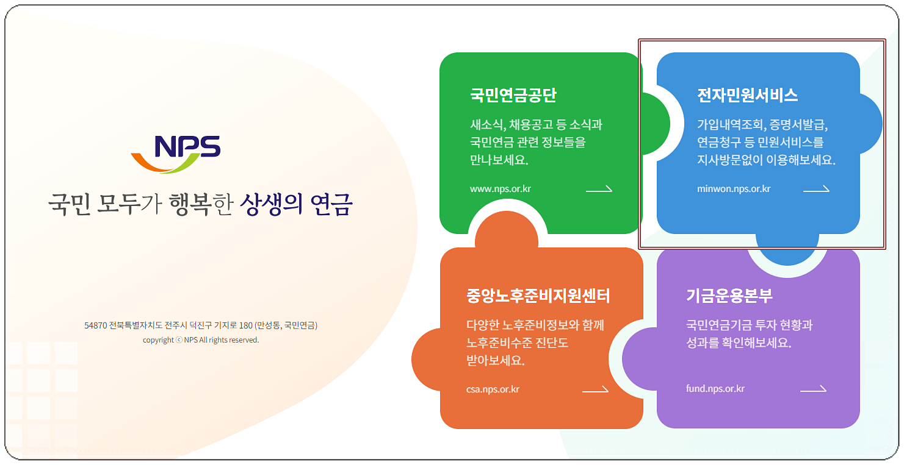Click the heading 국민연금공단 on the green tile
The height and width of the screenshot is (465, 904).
point(513,96)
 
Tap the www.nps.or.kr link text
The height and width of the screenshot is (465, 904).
point(501,188)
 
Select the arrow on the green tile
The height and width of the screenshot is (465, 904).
point(599,188)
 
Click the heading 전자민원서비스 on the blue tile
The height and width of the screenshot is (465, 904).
point(747,96)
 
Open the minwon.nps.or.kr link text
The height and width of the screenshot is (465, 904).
point(734,188)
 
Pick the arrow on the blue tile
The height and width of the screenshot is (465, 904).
point(817,188)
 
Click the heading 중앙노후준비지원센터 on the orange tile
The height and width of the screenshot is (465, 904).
point(538,296)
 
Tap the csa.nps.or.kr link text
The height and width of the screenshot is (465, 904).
point(493,389)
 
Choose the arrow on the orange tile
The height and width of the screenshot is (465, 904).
point(595,389)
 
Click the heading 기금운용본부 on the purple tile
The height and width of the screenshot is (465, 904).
point(729,296)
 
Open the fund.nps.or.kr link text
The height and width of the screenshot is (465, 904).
point(715,388)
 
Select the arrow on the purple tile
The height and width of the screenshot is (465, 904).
point(813,388)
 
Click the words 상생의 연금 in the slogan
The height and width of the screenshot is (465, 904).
point(296,204)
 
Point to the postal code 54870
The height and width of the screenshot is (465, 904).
point(96,325)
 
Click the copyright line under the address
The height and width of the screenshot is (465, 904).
point(201,339)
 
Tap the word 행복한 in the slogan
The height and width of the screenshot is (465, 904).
point(201,204)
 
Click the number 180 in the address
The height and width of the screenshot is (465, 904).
point(246,325)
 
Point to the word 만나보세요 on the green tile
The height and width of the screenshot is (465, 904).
point(499,160)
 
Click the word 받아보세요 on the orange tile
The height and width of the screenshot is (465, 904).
point(495,360)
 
